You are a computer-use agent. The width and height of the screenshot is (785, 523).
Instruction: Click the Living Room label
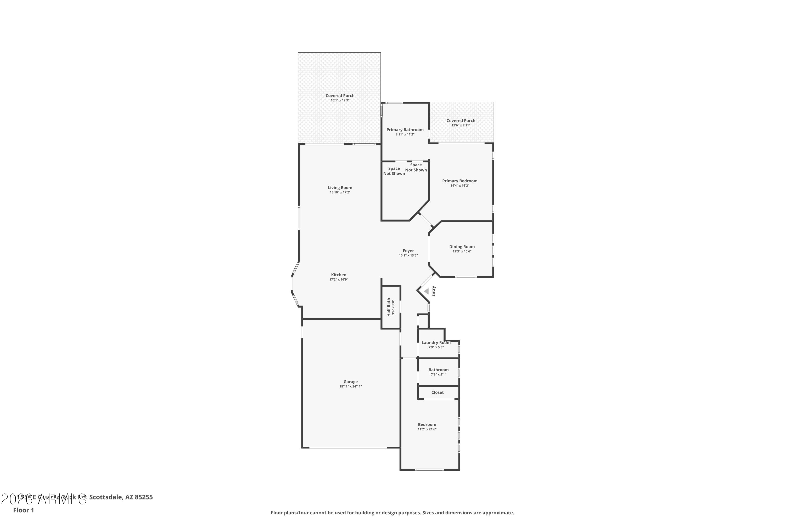point(340,187)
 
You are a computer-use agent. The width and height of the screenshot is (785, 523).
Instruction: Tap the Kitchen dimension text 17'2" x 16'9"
point(338,280)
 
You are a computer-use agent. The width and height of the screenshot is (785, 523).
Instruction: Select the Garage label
point(350,382)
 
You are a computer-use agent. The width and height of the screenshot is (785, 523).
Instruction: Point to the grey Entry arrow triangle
point(426,291)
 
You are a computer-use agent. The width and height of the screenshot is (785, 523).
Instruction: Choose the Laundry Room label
point(436,343)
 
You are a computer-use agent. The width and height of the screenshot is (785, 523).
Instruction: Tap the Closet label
point(437,392)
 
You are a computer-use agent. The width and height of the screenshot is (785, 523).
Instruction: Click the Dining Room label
point(462,247)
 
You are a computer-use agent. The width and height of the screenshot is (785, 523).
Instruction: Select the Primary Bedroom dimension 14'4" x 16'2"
point(459,186)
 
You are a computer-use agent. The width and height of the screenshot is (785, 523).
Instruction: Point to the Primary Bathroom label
point(405,130)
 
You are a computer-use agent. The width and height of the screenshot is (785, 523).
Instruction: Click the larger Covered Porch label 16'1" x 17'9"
point(340,96)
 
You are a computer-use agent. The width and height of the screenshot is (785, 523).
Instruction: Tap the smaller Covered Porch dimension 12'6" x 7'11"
point(461,126)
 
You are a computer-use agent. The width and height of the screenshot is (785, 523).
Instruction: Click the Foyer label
point(408,251)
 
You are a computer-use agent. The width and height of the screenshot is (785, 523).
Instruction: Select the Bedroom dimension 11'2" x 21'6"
point(427,429)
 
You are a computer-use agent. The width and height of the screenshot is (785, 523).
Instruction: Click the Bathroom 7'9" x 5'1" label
point(438,369)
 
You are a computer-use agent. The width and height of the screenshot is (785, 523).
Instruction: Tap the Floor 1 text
point(23,510)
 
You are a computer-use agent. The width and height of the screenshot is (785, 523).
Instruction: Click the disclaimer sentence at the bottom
point(392,513)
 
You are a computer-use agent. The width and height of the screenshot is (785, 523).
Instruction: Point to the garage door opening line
point(348,448)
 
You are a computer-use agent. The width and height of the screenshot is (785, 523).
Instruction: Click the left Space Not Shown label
point(394,171)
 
